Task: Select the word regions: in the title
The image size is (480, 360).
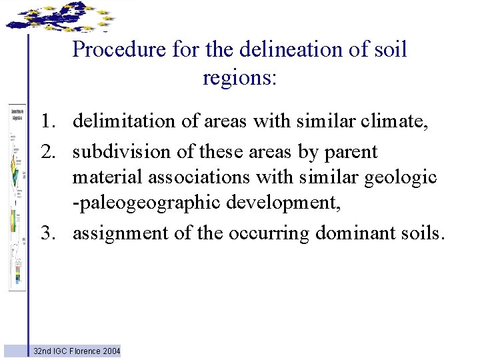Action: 239,78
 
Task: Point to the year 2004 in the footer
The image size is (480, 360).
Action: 111,351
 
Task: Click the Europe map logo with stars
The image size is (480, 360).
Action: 59,16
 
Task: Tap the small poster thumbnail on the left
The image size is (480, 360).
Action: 17,197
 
